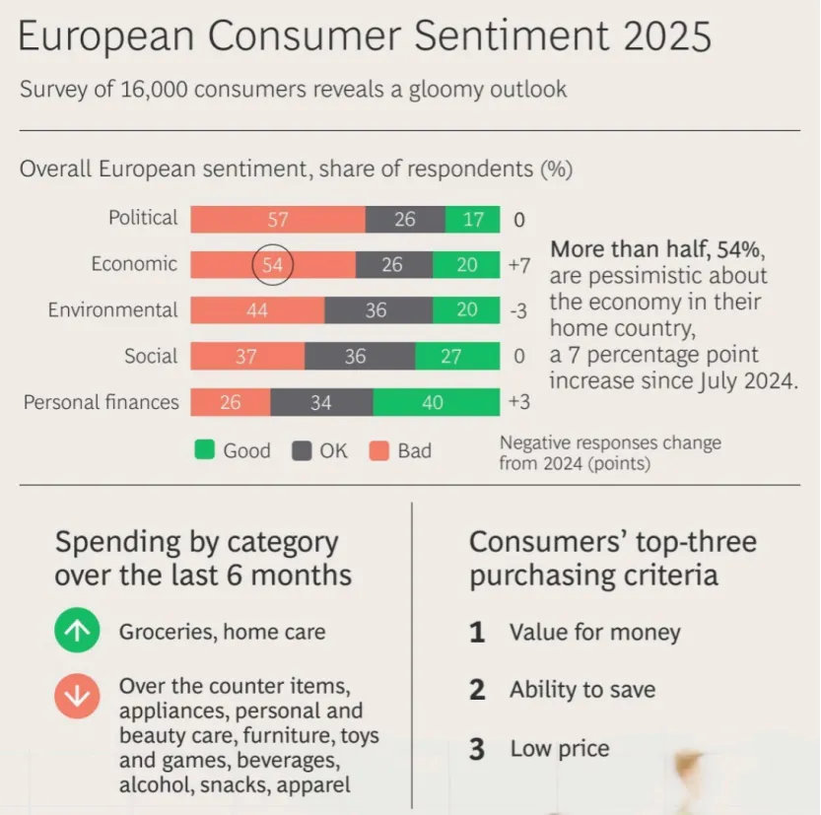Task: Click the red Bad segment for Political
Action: [278, 219]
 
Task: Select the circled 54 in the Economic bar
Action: [272, 264]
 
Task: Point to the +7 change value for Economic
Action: [519, 265]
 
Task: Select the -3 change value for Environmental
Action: [518, 311]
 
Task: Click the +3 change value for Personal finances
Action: [519, 402]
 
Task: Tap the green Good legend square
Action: [205, 450]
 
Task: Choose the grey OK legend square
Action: [302, 450]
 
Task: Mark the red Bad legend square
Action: [379, 450]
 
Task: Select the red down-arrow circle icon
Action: [78, 697]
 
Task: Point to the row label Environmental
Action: [113, 310]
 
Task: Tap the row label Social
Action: [151, 357]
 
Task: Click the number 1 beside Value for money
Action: [477, 633]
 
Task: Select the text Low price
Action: [559, 749]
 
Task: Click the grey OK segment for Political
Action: [405, 219]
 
